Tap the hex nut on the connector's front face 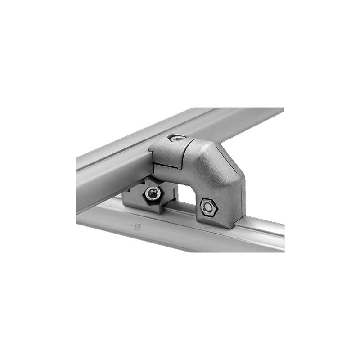[x=208, y=207]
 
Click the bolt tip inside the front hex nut [x=208, y=207]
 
